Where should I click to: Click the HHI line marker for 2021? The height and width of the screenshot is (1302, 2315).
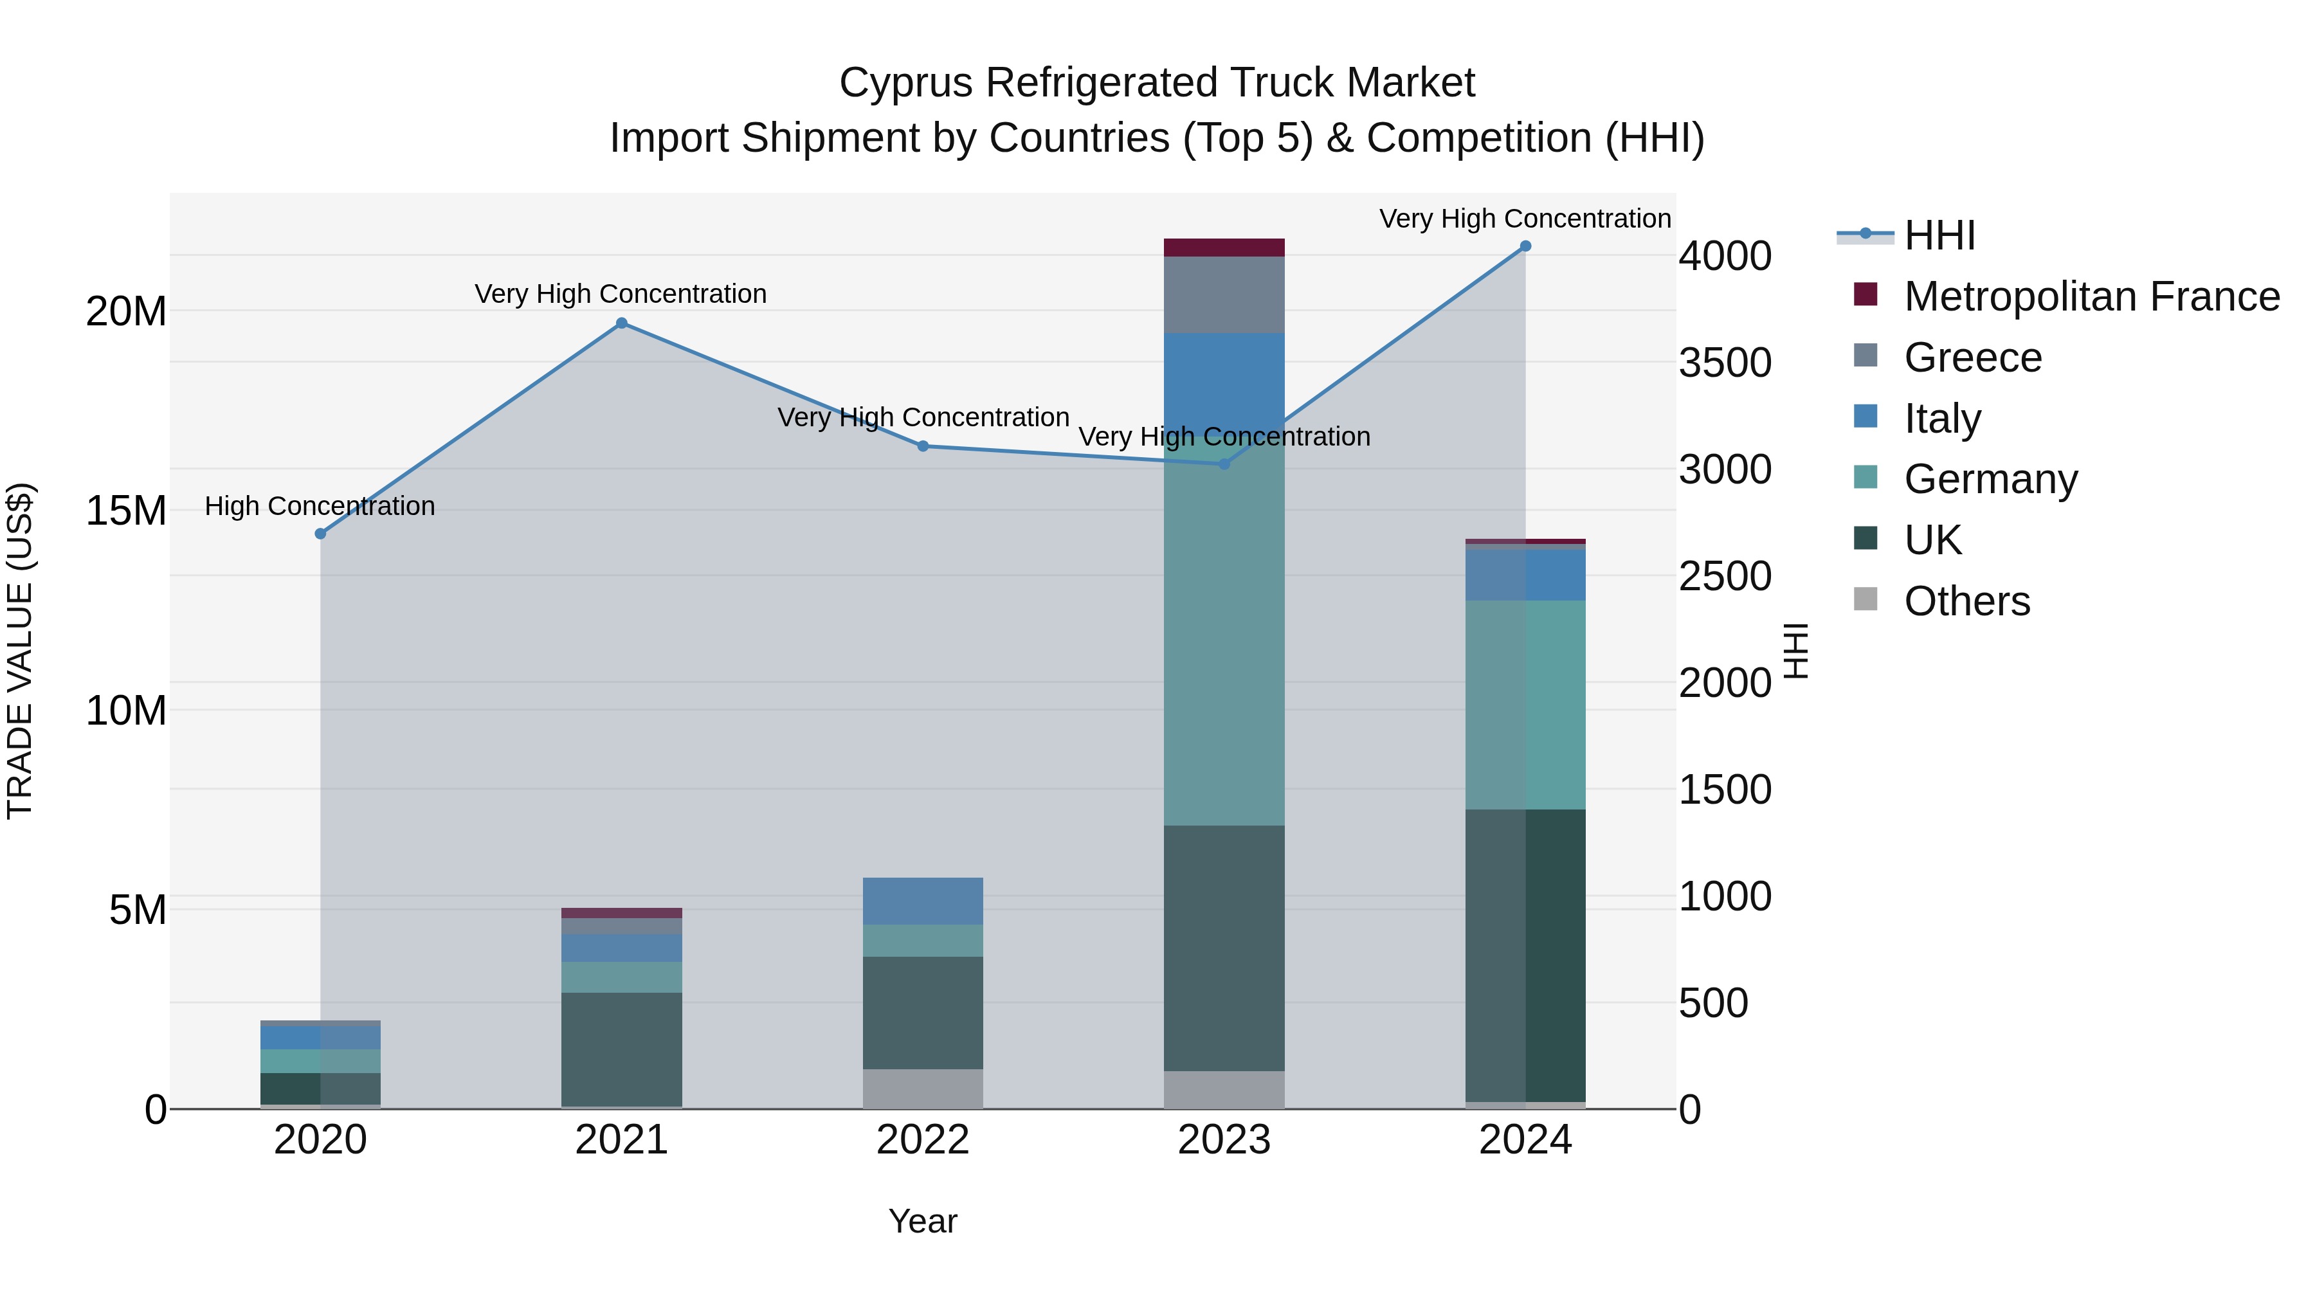point(621,323)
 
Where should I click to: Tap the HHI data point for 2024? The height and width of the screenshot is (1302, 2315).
point(1525,246)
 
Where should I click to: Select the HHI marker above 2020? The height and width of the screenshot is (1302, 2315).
point(320,534)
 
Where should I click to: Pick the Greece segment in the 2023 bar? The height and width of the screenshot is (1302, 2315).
point(1224,294)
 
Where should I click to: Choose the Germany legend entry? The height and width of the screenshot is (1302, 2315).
point(1990,479)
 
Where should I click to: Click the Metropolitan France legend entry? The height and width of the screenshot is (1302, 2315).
point(2091,296)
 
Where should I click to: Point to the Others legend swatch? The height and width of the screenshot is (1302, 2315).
point(1866,599)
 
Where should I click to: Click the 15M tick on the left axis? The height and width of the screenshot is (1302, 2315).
point(126,511)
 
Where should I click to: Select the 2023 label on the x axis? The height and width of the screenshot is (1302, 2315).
point(1224,1140)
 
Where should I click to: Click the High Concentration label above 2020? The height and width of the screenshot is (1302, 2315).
point(320,506)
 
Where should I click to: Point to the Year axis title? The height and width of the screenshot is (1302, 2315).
point(922,1221)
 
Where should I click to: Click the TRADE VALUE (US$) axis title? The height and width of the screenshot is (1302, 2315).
point(20,651)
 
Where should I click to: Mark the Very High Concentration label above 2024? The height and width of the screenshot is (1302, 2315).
point(1525,219)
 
